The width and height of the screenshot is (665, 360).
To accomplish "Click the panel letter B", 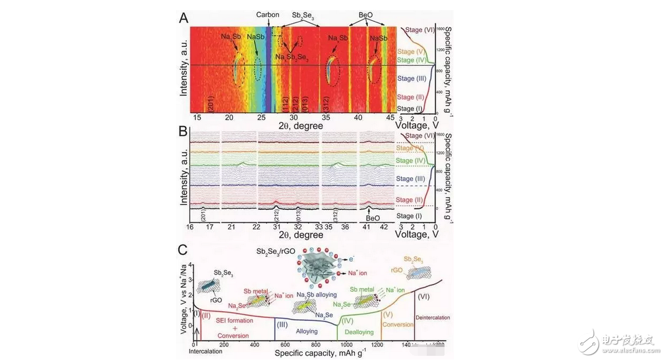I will tap(184, 143).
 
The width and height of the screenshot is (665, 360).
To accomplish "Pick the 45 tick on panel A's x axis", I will tap(389, 118).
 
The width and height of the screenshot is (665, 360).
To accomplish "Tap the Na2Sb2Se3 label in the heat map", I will tap(292, 56).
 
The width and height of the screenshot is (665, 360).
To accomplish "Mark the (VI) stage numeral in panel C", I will tap(424, 296).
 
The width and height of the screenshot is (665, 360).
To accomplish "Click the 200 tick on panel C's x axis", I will tap(225, 345).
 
